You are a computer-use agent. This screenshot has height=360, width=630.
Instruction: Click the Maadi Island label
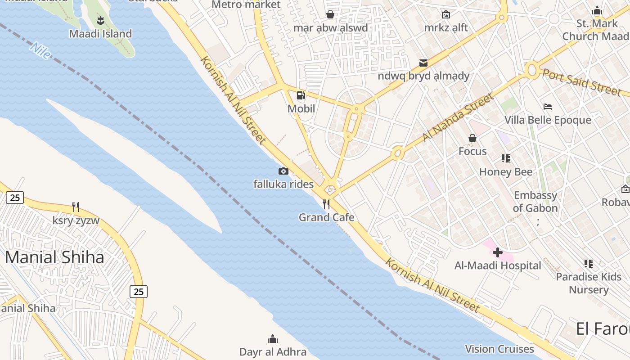pyautogui.click(x=100, y=34)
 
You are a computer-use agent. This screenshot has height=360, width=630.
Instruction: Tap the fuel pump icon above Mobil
pyautogui.click(x=301, y=95)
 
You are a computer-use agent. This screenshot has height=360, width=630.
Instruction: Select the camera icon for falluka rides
pyautogui.click(x=283, y=171)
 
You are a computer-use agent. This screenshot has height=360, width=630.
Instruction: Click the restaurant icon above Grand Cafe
pyautogui.click(x=326, y=204)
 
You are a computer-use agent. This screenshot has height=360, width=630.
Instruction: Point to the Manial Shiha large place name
pyautogui.click(x=54, y=257)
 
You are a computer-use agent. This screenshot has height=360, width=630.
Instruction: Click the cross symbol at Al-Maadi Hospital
pyautogui.click(x=497, y=252)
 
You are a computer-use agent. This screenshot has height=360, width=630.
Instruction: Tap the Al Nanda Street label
pyautogui.click(x=459, y=117)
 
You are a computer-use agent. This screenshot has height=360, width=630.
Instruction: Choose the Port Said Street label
pyautogui.click(x=581, y=82)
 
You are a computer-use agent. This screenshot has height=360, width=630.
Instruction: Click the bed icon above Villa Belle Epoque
pyautogui.click(x=548, y=107)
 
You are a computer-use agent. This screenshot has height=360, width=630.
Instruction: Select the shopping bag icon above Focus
pyautogui.click(x=472, y=138)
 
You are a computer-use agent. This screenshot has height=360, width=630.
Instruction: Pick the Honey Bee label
pyautogui.click(x=506, y=172)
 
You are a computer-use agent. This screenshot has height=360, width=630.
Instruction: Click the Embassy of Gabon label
pyautogui.click(x=535, y=202)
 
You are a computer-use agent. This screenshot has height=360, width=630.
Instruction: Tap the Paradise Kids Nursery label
pyautogui.click(x=589, y=283)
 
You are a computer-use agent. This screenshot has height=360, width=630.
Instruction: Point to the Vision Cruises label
pyautogui.click(x=499, y=349)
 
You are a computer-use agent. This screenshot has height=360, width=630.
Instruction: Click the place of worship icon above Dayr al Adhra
pyautogui.click(x=273, y=338)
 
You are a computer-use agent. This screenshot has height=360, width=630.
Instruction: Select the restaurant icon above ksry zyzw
pyautogui.click(x=76, y=207)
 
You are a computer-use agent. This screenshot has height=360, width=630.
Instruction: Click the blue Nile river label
pyautogui.click(x=40, y=51)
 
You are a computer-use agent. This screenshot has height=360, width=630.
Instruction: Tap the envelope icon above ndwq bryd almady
pyautogui.click(x=423, y=63)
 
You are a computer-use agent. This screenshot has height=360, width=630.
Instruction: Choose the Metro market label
pyautogui.click(x=246, y=5)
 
